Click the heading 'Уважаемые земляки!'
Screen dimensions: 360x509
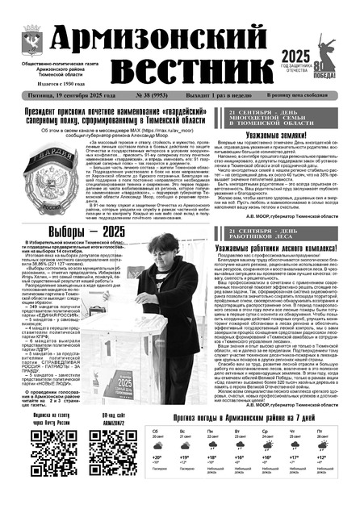tap(280, 137)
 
